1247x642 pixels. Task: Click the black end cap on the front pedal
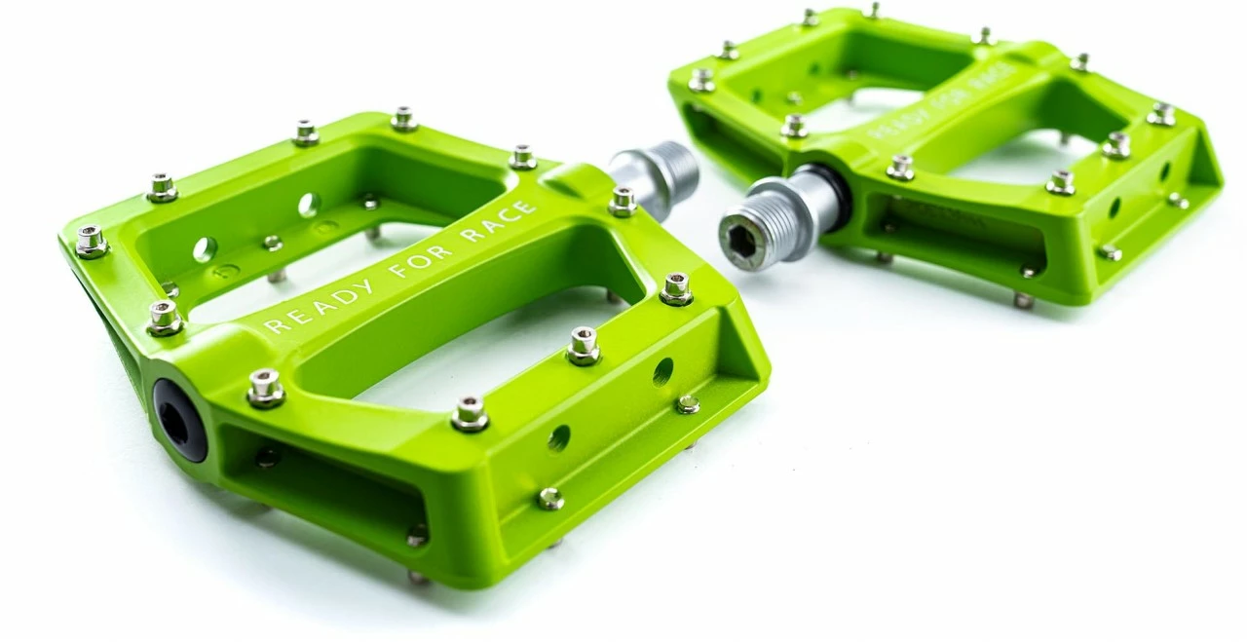click(x=179, y=420)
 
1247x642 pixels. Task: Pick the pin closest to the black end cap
click(x=265, y=388)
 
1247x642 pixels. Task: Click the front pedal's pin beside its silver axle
click(x=623, y=201)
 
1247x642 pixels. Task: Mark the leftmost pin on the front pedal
click(x=92, y=241)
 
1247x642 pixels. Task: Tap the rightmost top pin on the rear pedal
click(x=1160, y=114)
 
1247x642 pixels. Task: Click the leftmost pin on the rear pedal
click(x=700, y=80)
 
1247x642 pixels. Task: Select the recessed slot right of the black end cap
click(x=321, y=486)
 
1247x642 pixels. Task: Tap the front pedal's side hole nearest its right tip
click(x=662, y=371)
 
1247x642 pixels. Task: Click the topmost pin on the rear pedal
click(x=872, y=11)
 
